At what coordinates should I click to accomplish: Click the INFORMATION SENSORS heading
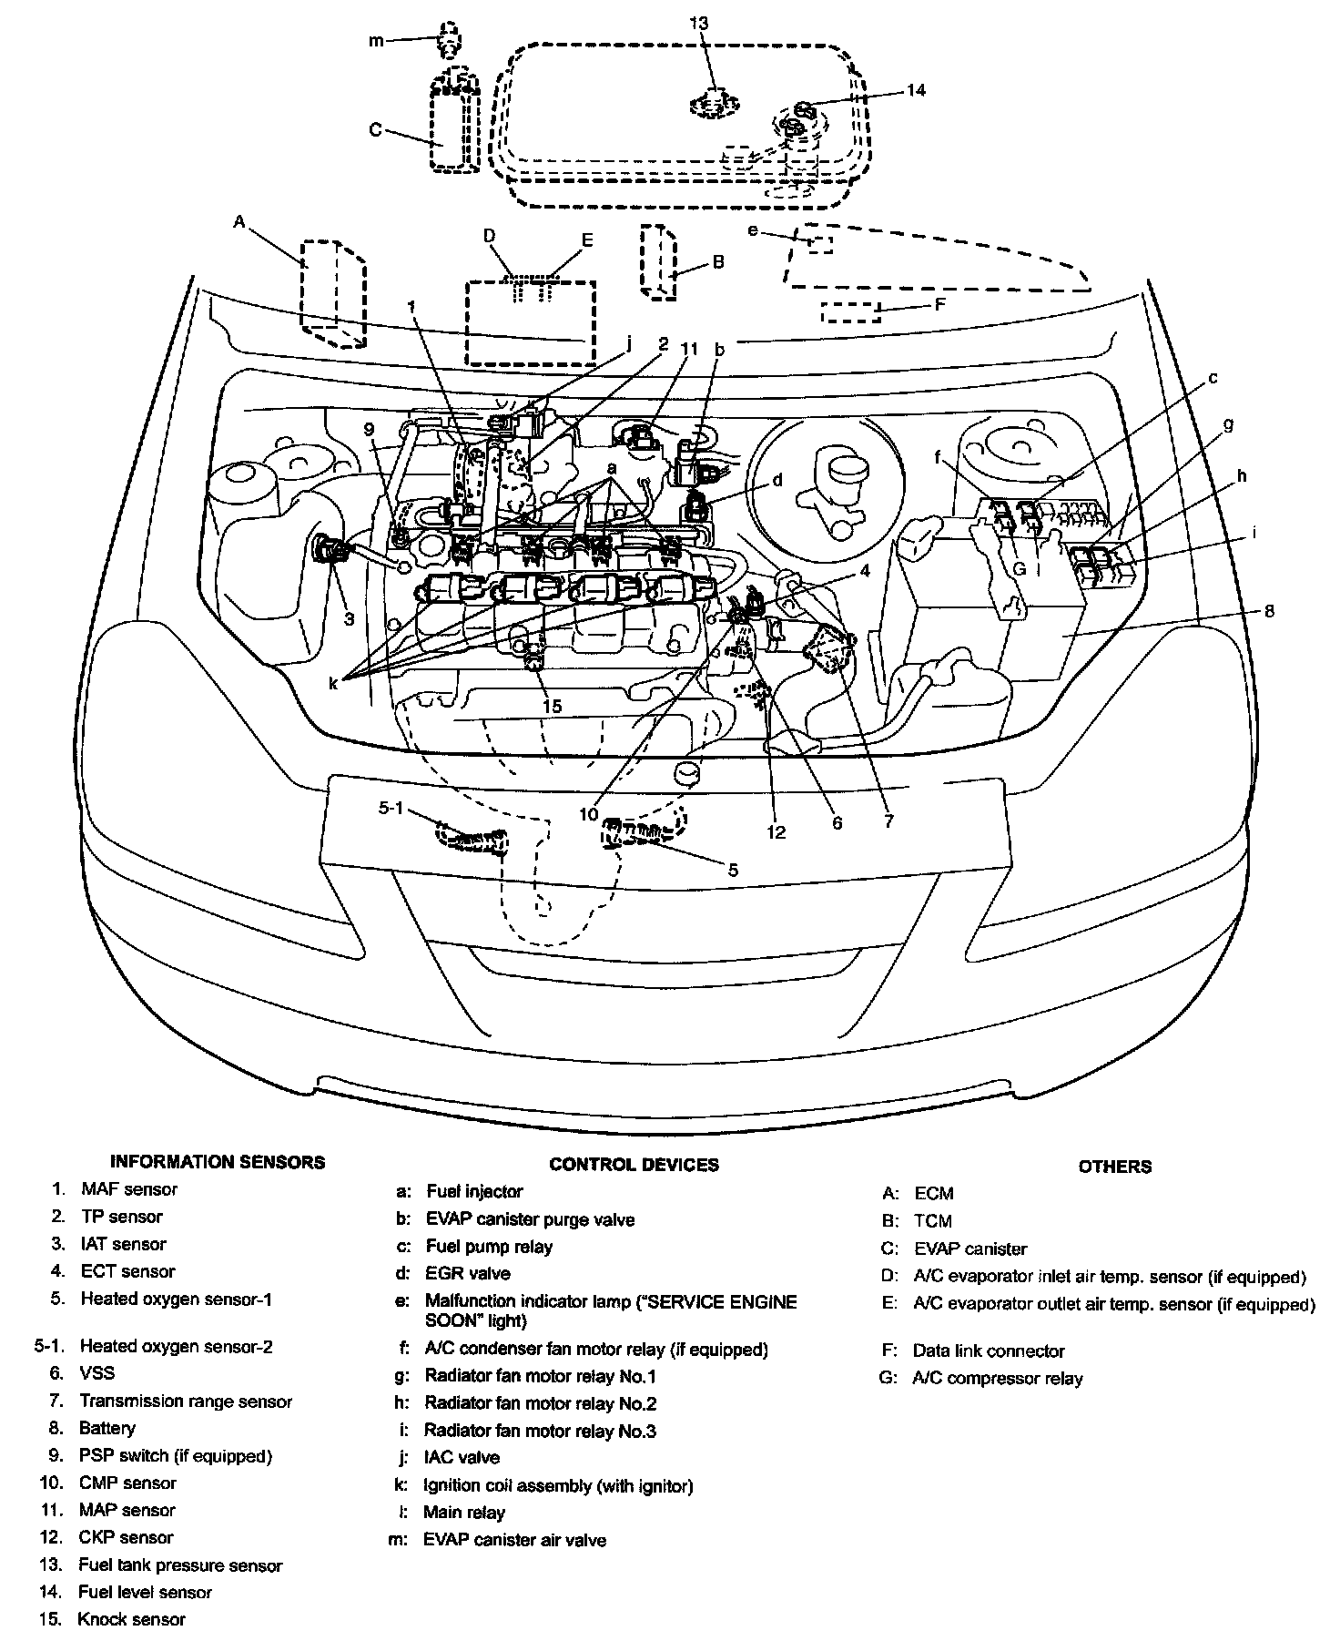coord(217,1162)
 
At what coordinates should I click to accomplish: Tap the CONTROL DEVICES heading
coord(634,1165)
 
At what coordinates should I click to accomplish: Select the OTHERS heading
coord(1115,1167)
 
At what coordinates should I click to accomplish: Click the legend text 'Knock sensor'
coord(132,1619)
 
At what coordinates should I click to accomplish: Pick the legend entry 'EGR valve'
coord(468,1273)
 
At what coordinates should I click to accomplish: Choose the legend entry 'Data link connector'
coord(989,1351)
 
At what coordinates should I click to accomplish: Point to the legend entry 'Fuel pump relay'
coord(489,1246)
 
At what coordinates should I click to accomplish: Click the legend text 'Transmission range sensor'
coord(186,1401)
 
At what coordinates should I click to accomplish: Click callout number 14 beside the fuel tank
coord(916,90)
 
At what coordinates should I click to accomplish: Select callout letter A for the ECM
coord(239,221)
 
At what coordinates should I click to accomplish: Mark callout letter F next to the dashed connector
coord(940,304)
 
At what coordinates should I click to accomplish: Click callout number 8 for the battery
coord(1269,611)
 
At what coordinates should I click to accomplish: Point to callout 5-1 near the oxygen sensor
coord(391,808)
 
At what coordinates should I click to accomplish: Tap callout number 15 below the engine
coord(553,706)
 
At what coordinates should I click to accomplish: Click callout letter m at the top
coord(377,39)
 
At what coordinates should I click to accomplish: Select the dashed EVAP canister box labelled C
coord(453,118)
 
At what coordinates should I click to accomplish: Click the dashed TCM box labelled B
coord(659,261)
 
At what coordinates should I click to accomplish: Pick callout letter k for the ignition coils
coord(334,682)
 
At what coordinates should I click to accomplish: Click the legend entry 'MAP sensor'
coord(127,1510)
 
